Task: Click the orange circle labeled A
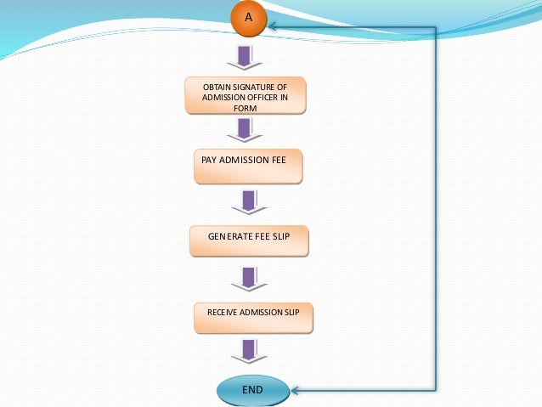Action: (249, 18)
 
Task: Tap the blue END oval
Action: (253, 390)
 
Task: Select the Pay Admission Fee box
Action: (248, 167)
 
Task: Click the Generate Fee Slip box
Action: (249, 241)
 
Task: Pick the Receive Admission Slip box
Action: (253, 318)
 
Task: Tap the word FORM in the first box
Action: (245, 108)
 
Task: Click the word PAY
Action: (209, 160)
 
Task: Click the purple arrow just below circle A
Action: (245, 58)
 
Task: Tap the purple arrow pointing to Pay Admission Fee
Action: (245, 130)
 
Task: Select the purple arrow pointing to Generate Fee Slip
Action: (249, 202)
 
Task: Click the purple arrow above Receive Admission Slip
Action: (249, 280)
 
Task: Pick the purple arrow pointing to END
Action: (249, 352)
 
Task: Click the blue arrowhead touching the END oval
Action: (295, 391)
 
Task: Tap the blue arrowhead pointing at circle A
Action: (272, 26)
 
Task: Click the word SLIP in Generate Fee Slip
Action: (281, 236)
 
